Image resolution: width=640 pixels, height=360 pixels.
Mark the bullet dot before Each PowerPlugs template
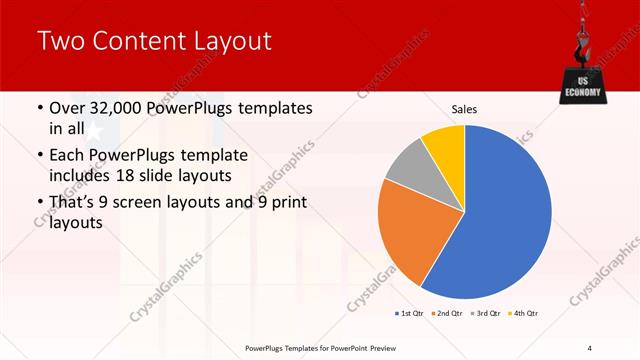[x=39, y=156]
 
